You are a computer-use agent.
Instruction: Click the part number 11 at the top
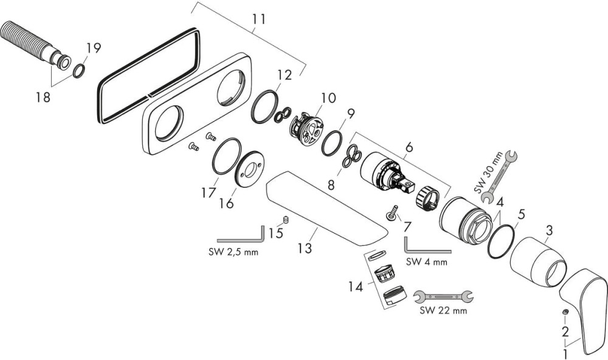[258, 19]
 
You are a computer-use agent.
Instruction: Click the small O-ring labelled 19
[79, 72]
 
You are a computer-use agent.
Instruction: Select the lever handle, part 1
[584, 308]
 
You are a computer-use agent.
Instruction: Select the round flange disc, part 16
[248, 173]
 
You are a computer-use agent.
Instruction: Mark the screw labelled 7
[392, 213]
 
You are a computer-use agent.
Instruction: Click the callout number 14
[356, 286]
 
